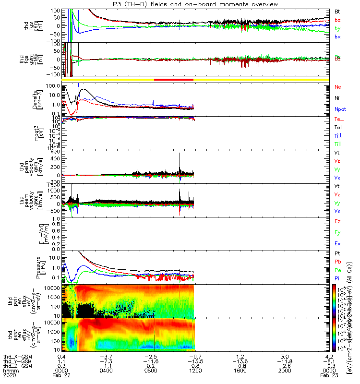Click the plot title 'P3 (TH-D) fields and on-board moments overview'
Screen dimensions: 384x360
click(194, 4)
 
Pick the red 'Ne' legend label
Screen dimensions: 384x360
click(337, 87)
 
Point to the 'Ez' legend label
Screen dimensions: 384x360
click(337, 221)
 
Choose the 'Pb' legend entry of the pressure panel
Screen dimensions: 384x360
click(337, 263)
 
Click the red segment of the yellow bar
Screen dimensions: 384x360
click(173, 79)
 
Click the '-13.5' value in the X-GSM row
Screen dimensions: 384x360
click(195, 357)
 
